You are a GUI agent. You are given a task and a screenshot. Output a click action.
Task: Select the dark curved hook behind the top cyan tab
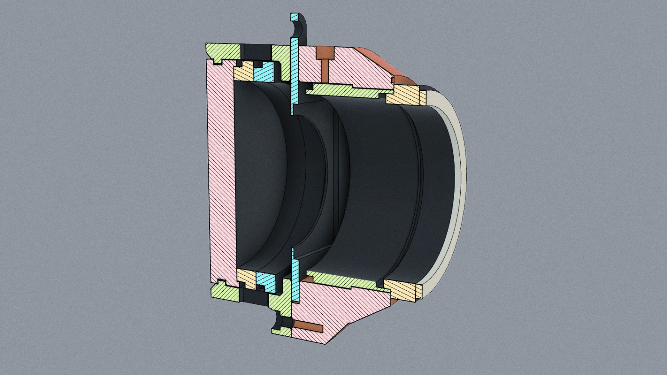(x=303, y=30)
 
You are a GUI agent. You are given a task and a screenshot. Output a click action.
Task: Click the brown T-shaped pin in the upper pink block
(x=324, y=54)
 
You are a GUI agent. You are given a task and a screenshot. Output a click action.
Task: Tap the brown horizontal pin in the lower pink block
(x=308, y=325)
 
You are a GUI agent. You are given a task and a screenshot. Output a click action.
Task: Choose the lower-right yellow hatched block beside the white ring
(x=402, y=289)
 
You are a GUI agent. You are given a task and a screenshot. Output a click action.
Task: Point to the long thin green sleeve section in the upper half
(x=347, y=90)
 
